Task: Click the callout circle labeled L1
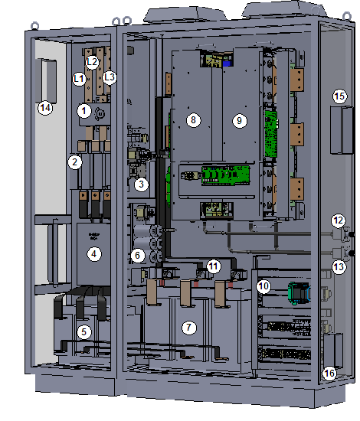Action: pyautogui.click(x=79, y=79)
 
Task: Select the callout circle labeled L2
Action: pyautogui.click(x=92, y=62)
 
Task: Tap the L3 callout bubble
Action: pyautogui.click(x=110, y=77)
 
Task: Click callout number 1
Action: pyautogui.click(x=84, y=111)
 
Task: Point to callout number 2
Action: pyautogui.click(x=75, y=162)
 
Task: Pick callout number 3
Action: pyautogui.click(x=141, y=184)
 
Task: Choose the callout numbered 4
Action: pyautogui.click(x=93, y=254)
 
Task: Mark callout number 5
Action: pyautogui.click(x=84, y=332)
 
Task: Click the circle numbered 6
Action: pyautogui.click(x=138, y=255)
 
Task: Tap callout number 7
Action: pyautogui.click(x=189, y=328)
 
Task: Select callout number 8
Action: pyautogui.click(x=194, y=119)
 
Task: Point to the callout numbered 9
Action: pyautogui.click(x=240, y=121)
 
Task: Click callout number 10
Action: pyautogui.click(x=263, y=286)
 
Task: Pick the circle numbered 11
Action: pyautogui.click(x=214, y=266)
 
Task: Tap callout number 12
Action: pyautogui.click(x=339, y=220)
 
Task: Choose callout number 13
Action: pyautogui.click(x=339, y=267)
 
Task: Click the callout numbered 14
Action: pyautogui.click(x=45, y=108)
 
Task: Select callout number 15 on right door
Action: pyautogui.click(x=340, y=96)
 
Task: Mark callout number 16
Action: pyautogui.click(x=329, y=373)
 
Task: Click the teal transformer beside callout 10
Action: pyautogui.click(x=299, y=293)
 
